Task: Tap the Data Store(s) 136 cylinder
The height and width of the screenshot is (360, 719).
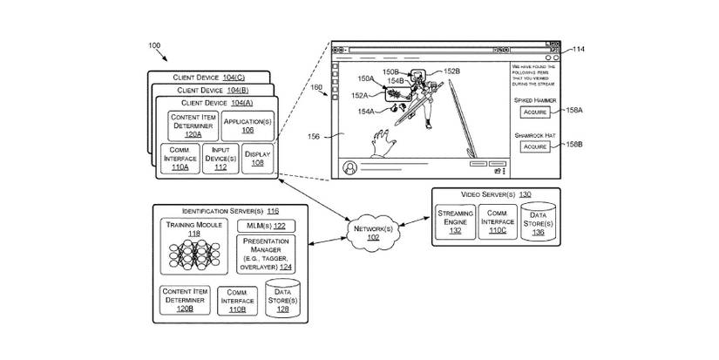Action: click(537, 220)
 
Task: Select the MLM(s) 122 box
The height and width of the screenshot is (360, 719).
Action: click(266, 226)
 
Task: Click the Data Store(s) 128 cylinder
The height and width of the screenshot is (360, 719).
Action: click(283, 300)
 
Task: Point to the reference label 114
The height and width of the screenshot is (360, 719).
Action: click(579, 49)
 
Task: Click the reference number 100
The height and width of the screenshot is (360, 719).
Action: click(153, 44)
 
